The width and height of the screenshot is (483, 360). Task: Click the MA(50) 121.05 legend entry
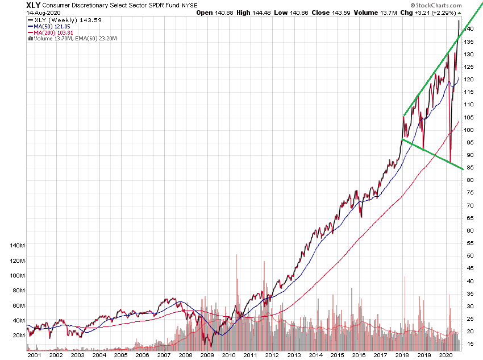coord(55,26)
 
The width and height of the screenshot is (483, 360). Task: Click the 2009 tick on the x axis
coord(207,355)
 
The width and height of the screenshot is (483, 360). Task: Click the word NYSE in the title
coord(190,5)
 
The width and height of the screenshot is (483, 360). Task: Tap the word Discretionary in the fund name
coord(96,5)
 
